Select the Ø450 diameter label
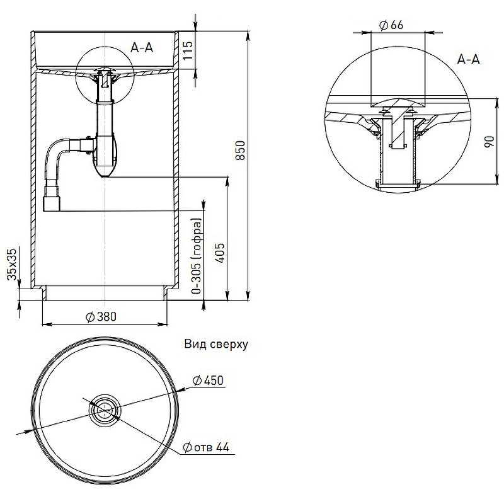207,380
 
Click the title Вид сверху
216,345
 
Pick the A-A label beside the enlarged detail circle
468,60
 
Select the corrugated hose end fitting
51,203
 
